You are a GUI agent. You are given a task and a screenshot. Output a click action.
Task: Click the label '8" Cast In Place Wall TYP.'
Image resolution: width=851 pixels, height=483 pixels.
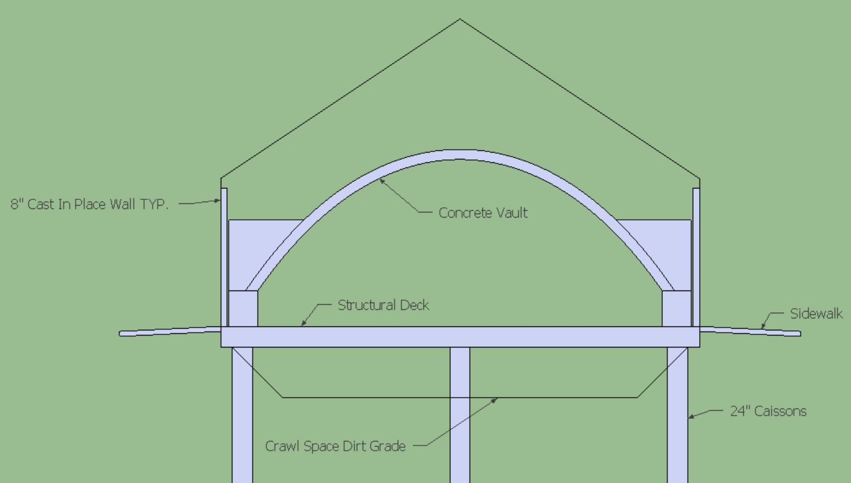coord(89,204)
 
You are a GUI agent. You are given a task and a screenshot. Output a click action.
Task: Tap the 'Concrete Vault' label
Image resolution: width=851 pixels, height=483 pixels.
coord(483,212)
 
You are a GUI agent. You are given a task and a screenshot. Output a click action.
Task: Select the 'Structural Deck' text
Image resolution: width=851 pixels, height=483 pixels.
coord(384,305)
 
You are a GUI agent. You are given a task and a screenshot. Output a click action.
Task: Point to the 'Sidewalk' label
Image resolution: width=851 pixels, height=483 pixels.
coord(816,314)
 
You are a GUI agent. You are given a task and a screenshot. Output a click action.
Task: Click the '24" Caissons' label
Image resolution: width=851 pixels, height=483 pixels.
coord(768,411)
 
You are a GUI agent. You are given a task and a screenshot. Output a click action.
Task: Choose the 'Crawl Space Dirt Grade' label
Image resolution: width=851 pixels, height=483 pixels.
coord(335,446)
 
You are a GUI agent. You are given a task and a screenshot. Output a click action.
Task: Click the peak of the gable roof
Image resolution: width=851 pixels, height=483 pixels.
coord(460,19)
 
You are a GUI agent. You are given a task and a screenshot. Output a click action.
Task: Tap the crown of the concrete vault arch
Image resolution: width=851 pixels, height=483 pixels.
coord(460,154)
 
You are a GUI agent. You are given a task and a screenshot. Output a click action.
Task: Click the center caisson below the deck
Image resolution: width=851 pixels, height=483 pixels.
coord(459,415)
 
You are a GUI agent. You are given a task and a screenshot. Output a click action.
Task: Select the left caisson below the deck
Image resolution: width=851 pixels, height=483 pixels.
coord(242,415)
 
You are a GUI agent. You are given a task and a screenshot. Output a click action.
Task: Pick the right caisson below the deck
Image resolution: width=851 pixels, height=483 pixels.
coord(677,415)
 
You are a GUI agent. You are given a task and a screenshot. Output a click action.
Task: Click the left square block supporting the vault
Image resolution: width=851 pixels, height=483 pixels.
coord(243,309)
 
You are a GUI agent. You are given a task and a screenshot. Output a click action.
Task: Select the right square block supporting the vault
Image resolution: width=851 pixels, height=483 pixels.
coord(677,309)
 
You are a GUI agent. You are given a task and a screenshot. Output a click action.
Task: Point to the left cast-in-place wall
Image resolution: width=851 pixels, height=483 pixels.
coord(224,257)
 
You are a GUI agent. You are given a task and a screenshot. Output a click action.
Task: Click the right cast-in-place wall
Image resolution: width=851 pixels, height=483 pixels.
coord(697,257)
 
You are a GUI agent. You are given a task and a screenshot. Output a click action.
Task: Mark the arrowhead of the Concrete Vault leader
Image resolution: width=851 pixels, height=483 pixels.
coord(381,181)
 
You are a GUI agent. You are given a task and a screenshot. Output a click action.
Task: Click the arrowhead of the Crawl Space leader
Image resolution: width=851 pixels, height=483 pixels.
coord(495,399)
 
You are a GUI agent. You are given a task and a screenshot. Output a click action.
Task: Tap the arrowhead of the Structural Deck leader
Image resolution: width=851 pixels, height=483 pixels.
coord(303,324)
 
